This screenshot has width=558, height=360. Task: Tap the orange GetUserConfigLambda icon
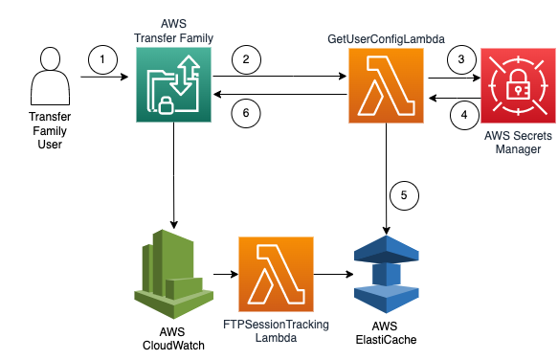point(386,87)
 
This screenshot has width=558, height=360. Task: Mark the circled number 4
point(462,113)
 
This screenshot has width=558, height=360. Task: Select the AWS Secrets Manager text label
point(518,142)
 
